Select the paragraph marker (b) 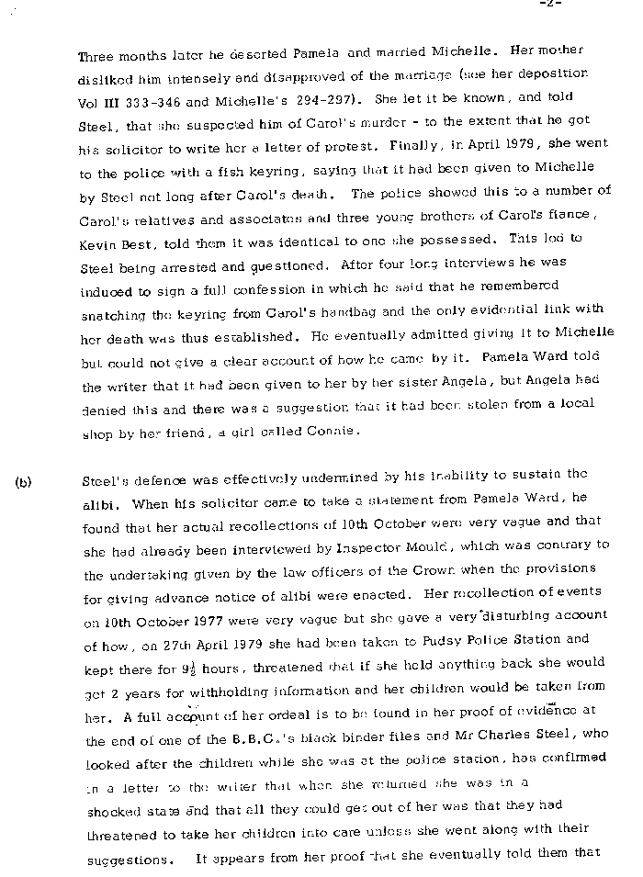(x=22, y=479)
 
